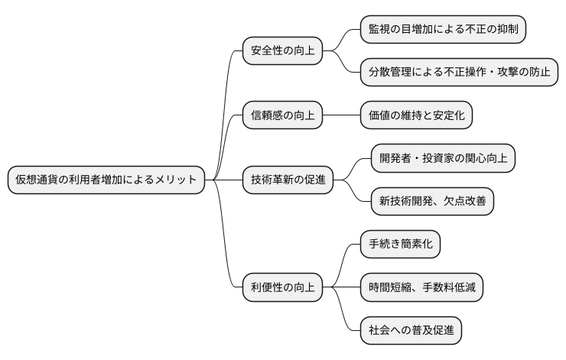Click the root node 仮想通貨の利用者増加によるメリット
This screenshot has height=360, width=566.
pos(106,180)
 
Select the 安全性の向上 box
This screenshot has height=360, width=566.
pos(282,51)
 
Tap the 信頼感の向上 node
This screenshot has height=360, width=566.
pos(282,116)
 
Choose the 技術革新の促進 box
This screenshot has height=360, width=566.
pos(288,180)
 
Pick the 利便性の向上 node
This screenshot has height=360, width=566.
pos(282,287)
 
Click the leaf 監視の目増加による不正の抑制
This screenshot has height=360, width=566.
pos(444,30)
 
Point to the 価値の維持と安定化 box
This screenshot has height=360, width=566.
pos(417,116)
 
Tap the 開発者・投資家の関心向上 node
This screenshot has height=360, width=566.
pos(443,159)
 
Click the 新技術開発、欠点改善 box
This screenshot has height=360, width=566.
pos(432,202)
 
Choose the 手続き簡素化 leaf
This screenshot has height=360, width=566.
pos(401,245)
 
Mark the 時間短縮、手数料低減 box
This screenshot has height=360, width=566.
pos(422,287)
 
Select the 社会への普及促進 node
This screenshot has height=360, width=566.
pos(411,330)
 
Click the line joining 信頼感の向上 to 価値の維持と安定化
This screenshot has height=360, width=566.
pos(341,116)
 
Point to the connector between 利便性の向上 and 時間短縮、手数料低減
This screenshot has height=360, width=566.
pos(341,287)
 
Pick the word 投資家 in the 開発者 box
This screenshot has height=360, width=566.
pos(450,159)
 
